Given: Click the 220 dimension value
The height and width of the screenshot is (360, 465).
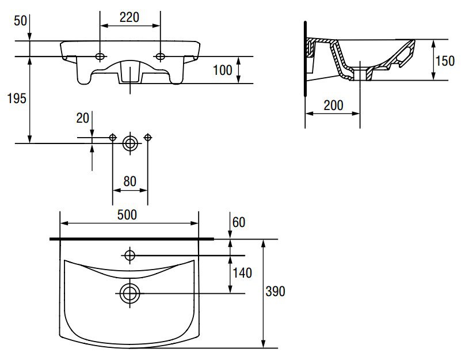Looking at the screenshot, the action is pos(129,17).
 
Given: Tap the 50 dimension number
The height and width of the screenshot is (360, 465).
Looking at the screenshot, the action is pos(21,21).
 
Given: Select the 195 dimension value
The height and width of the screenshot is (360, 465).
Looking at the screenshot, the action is pos(17,98).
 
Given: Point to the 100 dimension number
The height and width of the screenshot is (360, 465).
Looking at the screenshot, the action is pos(222,70).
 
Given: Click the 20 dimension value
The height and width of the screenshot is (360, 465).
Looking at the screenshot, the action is pos(83,118).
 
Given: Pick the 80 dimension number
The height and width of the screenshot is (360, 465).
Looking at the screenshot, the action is pos(129,181).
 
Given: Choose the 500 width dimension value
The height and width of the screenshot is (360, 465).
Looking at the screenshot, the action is pos(127,215).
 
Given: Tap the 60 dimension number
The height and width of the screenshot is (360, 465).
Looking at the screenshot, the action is pos(239,222).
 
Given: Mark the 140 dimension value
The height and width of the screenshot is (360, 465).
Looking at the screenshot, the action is pos(242,273).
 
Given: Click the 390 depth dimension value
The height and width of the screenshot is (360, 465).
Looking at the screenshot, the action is pos(275,291).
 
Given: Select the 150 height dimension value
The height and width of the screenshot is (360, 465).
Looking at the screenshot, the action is pos(445,61).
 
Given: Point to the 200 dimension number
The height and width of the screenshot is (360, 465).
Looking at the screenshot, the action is pos(333,105).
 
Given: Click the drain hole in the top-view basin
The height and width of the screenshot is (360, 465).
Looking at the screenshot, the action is pos(130,294).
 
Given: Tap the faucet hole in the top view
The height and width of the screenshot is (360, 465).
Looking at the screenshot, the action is pos(130,255).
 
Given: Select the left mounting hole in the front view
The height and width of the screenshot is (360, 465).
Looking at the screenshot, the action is pos(100,56).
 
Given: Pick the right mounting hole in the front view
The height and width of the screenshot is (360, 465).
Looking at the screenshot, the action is pos(161,56).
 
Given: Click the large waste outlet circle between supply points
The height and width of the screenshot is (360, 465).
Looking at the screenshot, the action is pos(130,143).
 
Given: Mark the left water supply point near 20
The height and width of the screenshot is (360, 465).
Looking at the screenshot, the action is pos(113,138).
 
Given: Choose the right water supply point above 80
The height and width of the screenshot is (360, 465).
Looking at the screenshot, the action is pos(148,138).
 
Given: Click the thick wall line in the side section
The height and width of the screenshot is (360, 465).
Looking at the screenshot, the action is pos(306,59).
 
